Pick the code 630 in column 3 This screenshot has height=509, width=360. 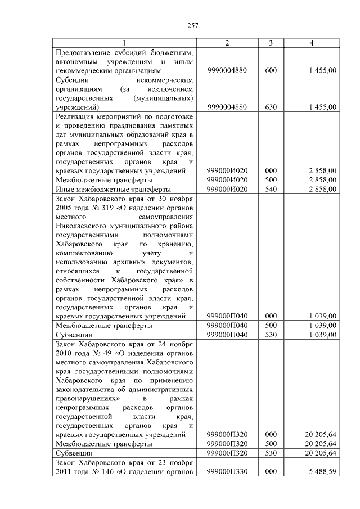click(271, 107)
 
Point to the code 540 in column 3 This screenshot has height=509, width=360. click(271, 189)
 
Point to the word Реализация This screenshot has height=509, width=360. click(75, 116)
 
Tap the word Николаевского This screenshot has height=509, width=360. click(82, 225)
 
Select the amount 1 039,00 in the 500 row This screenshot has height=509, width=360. click(322, 325)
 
